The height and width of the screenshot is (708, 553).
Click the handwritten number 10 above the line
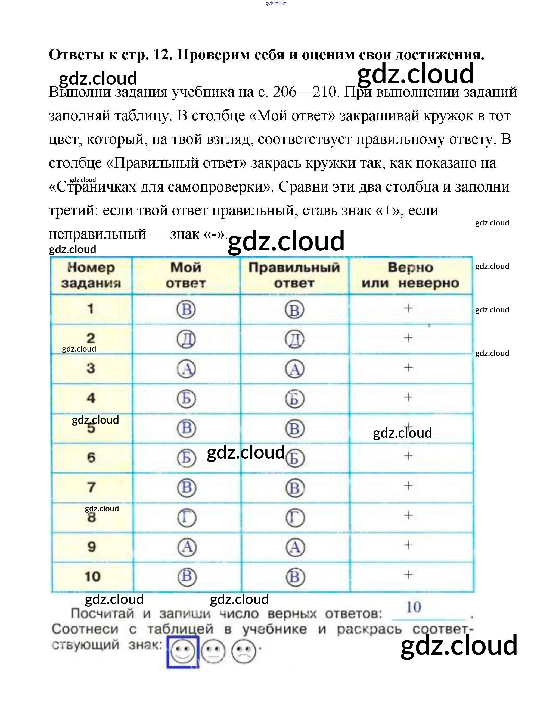click(x=414, y=607)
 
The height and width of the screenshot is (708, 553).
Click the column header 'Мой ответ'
click(x=186, y=275)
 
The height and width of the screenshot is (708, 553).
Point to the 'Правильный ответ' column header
click(x=294, y=275)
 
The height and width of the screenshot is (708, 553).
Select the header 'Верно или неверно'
click(x=410, y=275)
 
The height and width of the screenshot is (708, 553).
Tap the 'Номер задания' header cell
click(x=91, y=275)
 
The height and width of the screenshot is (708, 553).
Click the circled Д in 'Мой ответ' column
click(x=186, y=339)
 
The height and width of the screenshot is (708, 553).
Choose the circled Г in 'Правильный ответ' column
click(x=295, y=518)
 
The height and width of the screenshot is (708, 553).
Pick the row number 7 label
click(x=91, y=487)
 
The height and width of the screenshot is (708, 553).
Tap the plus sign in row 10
click(x=408, y=575)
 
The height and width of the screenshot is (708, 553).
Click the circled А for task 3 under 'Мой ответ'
click(x=186, y=369)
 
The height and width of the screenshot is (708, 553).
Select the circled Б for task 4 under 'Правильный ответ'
click(x=294, y=399)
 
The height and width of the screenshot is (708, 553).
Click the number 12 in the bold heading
click(x=162, y=55)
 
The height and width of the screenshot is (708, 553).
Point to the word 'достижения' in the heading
click(x=439, y=55)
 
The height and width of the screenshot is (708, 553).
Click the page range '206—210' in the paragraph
click(x=305, y=92)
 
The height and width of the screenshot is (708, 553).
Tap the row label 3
click(x=91, y=368)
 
